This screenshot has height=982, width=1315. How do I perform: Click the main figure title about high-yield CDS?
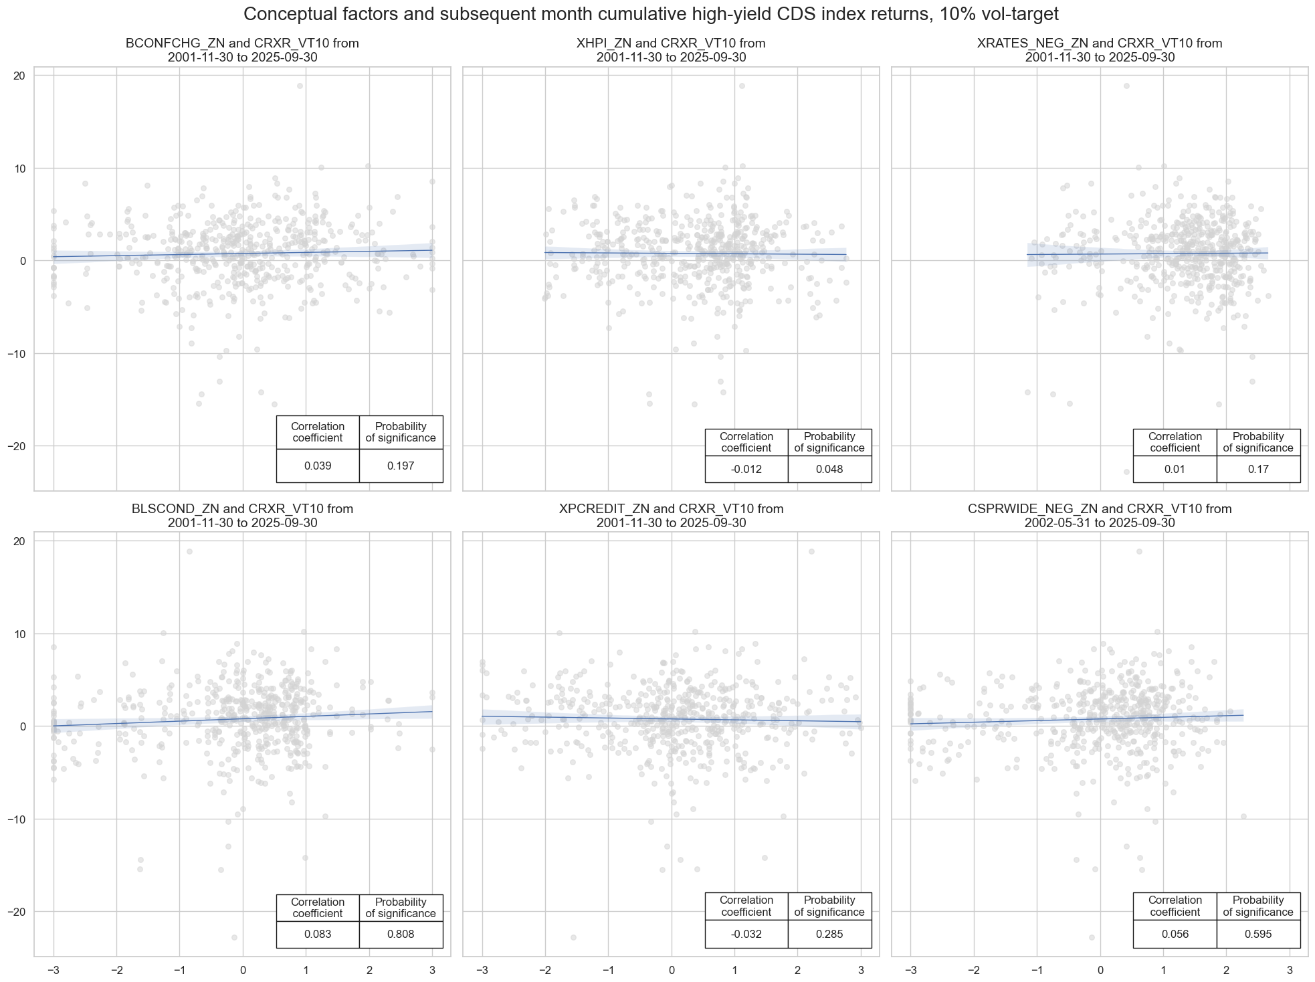(657, 14)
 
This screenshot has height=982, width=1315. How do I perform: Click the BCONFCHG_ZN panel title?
(242, 50)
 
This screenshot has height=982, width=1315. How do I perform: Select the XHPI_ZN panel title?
(671, 50)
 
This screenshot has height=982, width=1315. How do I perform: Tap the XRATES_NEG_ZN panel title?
(1100, 50)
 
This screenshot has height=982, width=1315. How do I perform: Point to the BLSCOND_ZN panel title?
(242, 516)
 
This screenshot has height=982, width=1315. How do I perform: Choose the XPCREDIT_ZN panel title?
(671, 516)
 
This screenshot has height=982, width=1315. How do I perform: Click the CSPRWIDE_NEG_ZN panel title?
(1100, 516)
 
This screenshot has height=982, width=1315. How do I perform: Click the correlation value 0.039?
(318, 466)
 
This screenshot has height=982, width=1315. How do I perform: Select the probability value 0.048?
(829, 469)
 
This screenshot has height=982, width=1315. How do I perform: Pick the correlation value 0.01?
(1175, 469)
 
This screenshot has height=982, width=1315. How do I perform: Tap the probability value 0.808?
(401, 935)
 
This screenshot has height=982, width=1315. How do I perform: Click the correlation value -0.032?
(746, 935)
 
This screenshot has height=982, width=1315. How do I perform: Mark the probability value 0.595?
(1258, 935)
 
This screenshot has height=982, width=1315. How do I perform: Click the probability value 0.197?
(401, 466)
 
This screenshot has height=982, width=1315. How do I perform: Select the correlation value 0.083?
(318, 935)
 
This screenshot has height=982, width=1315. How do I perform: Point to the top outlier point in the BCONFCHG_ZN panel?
(300, 86)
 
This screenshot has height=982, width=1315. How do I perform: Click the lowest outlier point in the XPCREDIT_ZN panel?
(573, 937)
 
